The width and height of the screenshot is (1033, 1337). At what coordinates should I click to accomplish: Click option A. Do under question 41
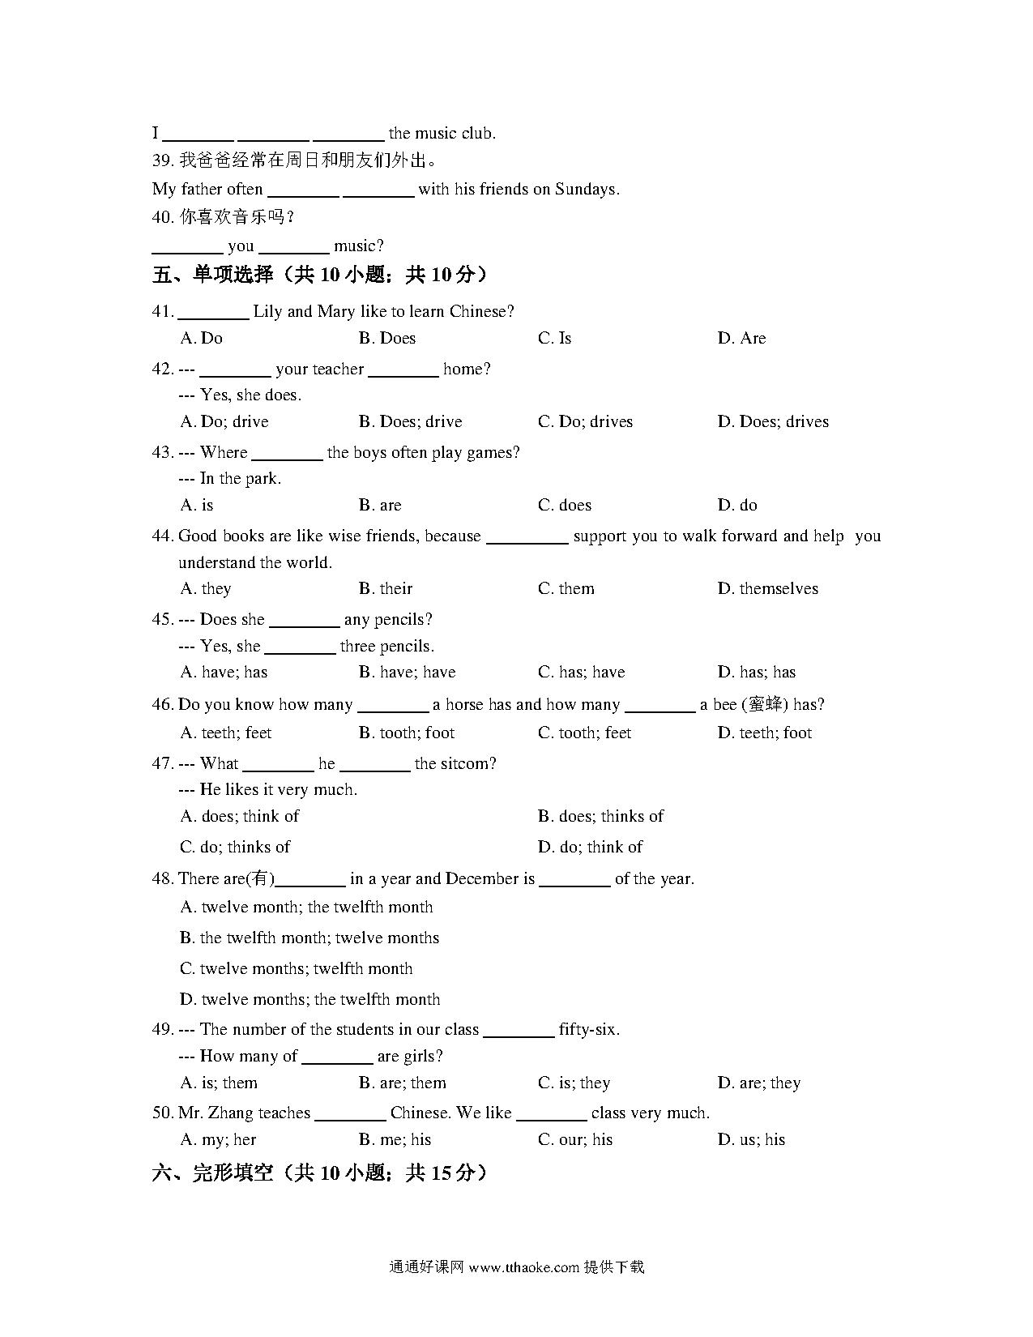pos(201,338)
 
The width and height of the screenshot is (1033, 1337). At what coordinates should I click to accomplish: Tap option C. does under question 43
pos(565,505)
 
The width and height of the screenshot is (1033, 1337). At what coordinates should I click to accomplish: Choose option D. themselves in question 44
pos(767,588)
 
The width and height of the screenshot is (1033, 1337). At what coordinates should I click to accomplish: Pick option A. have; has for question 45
pos(224,672)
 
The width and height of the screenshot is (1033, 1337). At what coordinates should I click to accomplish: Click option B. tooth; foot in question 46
pos(407,733)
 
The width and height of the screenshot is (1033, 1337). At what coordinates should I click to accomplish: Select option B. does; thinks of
pos(600,816)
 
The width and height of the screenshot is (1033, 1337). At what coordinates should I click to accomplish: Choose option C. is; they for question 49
pos(574,1083)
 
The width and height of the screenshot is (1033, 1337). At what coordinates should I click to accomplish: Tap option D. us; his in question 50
pos(751,1139)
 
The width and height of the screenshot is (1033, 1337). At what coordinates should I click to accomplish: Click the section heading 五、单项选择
pos(212,275)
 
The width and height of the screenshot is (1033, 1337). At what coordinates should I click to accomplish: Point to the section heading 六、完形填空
pos(212,1173)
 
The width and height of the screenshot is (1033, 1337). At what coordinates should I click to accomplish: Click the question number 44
pos(162,536)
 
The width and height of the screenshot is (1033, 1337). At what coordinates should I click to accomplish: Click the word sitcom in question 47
pos(466,763)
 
